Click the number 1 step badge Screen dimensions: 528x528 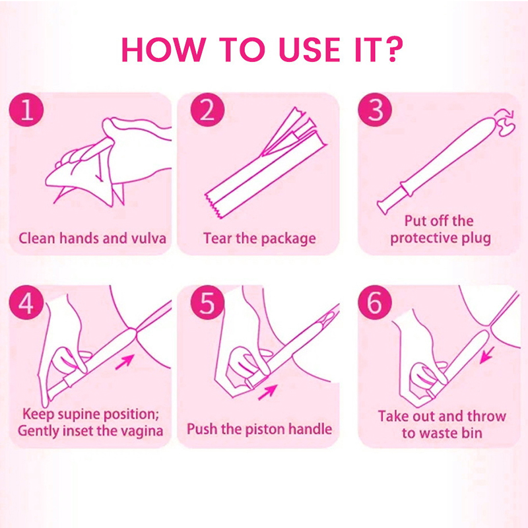pyautogui.click(x=26, y=110)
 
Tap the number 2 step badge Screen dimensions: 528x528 pyautogui.click(x=207, y=110)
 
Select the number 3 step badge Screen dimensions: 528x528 pyautogui.click(x=375, y=110)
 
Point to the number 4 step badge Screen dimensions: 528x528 pyautogui.click(x=26, y=303)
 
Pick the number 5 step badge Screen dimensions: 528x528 pyautogui.click(x=207, y=303)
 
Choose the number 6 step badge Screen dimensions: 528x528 pyautogui.click(x=375, y=303)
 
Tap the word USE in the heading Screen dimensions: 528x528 pyautogui.click(x=310, y=49)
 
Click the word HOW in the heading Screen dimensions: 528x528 pyautogui.click(x=164, y=49)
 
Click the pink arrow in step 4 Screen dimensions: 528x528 pyautogui.click(x=125, y=362)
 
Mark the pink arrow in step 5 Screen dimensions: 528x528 pyautogui.click(x=267, y=392)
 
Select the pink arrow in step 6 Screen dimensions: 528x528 pyautogui.click(x=487, y=355)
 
